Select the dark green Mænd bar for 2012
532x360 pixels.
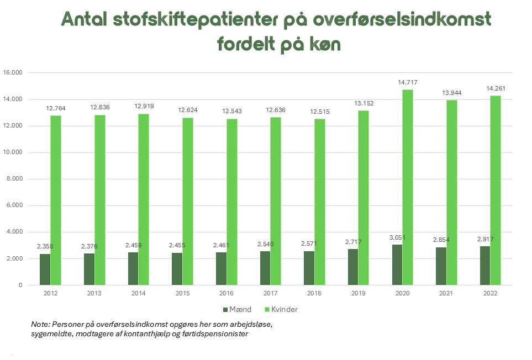[x=45, y=269]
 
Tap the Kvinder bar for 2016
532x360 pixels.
[x=231, y=202]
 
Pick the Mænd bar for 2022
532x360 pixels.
[x=484, y=266]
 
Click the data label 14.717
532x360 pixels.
[x=408, y=83]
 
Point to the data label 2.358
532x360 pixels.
[x=45, y=246]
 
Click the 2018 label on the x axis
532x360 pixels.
[x=314, y=294]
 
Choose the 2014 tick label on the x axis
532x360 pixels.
[x=138, y=294]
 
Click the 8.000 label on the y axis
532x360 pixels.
[x=13, y=179]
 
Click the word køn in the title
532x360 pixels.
[x=325, y=45]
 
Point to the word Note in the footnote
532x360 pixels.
[x=40, y=324]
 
